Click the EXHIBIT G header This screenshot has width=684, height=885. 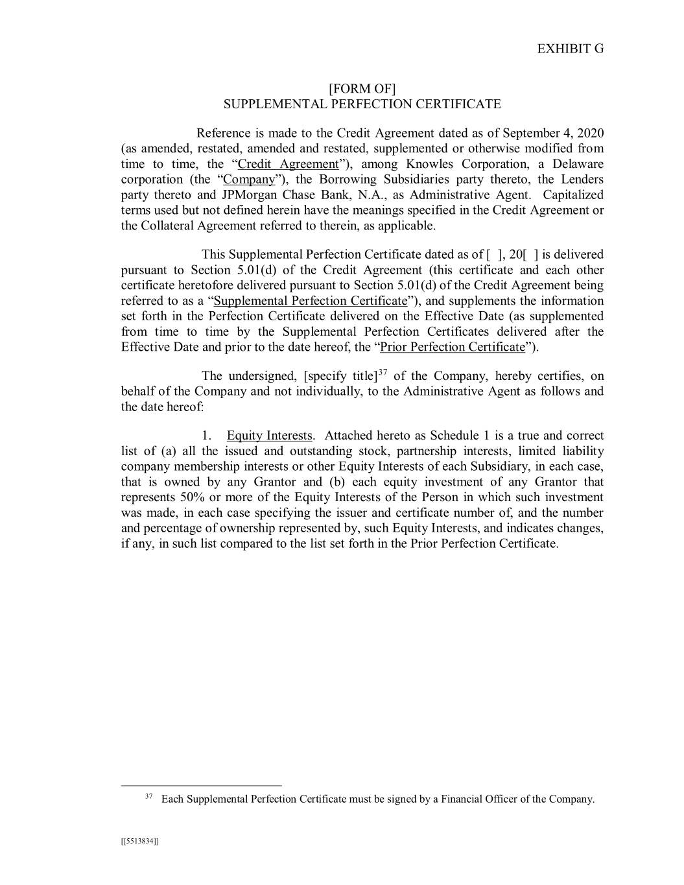[571, 49]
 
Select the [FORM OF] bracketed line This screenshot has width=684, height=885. [362, 89]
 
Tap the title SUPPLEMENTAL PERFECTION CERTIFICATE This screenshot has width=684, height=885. [362, 104]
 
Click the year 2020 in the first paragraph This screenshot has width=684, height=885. [589, 134]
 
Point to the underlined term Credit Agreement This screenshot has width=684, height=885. [288, 164]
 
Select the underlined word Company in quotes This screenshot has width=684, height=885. [249, 180]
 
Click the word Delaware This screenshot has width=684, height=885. [578, 164]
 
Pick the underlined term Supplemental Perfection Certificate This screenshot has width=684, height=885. [310, 301]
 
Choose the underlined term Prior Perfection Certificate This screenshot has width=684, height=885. [452, 347]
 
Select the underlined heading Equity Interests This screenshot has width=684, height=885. [269, 436]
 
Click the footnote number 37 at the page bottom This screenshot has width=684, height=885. [148, 796]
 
